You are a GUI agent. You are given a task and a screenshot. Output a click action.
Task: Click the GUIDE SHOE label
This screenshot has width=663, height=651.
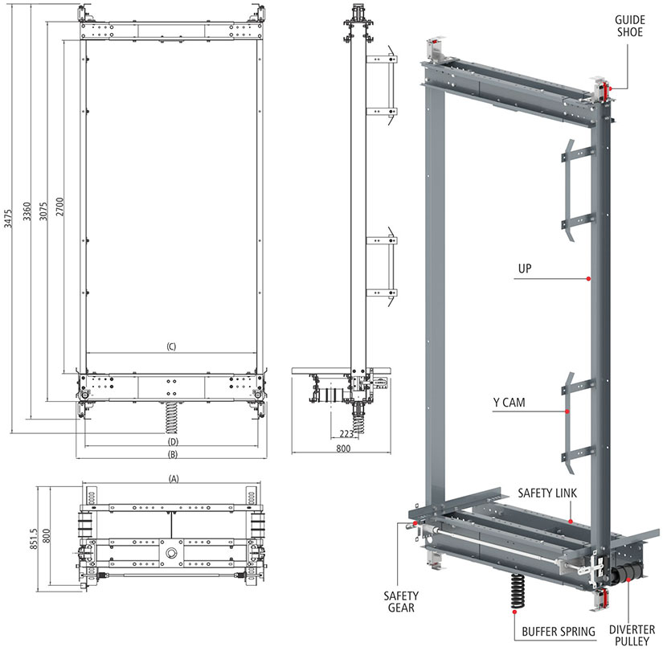coord(629,27)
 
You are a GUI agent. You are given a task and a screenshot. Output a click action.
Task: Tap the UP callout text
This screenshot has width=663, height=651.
coord(525,268)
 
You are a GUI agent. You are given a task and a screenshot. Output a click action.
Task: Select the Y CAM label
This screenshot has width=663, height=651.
coord(509,403)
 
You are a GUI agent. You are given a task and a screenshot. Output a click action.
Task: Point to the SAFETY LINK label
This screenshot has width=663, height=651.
coord(547,493)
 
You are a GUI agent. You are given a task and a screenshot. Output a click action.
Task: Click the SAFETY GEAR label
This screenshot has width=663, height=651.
coord(401,602)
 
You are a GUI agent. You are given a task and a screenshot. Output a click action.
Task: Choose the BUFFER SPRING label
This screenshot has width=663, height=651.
coord(559,632)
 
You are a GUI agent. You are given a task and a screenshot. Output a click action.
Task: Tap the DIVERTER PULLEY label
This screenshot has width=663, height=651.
coord(632,636)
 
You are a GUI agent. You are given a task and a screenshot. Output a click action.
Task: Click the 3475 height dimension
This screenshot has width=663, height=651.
coord(8,219)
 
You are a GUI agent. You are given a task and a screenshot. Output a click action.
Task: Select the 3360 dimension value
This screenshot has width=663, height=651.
coord(27,211)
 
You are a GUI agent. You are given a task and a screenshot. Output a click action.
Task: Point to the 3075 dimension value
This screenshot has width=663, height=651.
coord(43,211)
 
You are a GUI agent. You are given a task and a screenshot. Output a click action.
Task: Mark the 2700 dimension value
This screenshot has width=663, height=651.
coord(59,207)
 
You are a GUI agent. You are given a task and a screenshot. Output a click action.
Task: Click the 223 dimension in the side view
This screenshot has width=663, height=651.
coord(346,433)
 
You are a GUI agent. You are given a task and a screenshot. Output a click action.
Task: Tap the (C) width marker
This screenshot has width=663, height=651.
coord(171,347)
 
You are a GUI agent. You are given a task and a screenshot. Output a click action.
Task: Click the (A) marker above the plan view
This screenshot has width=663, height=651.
coord(174,479)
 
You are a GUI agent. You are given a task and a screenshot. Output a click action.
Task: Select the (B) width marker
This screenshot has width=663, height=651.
coord(173,455)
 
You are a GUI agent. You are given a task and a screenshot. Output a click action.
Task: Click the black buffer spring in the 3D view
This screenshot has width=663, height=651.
coord(517,592)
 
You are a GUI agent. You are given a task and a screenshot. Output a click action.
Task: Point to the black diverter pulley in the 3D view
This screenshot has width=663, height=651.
coord(625,575)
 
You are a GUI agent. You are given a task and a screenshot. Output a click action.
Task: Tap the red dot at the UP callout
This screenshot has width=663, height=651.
coord(588,279)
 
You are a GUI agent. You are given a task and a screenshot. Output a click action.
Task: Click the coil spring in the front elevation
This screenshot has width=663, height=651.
coord(171,417)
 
